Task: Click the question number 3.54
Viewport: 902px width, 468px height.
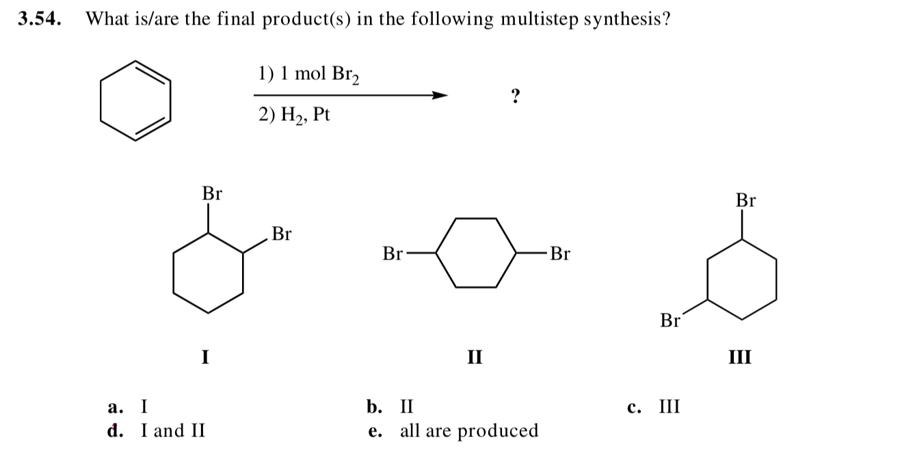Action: point(39,19)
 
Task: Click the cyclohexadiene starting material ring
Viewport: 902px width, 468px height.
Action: point(134,100)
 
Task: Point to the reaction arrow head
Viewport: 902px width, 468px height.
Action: point(441,96)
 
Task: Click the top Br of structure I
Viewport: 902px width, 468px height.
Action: point(212,193)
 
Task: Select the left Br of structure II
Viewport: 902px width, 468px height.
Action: point(393,255)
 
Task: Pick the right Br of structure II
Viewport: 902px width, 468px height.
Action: point(560,255)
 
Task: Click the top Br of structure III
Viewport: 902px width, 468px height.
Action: point(746,200)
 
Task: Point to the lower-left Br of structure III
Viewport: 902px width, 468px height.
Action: point(671,320)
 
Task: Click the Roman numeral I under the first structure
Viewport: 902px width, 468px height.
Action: point(204,356)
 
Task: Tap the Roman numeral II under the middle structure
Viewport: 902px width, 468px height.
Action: point(475,356)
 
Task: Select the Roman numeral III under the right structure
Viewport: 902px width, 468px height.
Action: point(741,356)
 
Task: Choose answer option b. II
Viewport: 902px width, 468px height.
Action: point(390,407)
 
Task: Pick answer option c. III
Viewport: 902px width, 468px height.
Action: point(653,407)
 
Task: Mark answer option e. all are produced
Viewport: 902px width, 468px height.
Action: point(453,431)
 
